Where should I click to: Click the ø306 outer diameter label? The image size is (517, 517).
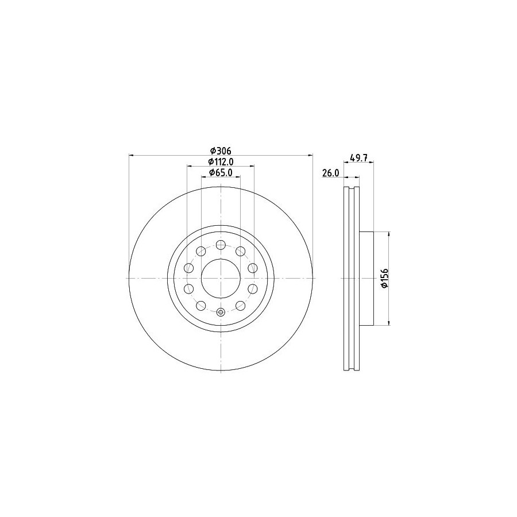tap(221, 151)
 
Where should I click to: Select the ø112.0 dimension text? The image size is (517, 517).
tap(221, 161)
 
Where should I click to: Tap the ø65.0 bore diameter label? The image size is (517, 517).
tap(221, 172)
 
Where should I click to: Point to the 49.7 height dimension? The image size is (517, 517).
tap(358, 157)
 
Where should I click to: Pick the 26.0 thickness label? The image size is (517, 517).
tap(331, 173)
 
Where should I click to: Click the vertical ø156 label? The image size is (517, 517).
tap(385, 278)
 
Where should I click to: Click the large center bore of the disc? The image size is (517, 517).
tap(221, 278)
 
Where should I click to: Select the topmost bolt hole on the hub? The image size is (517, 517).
tap(221, 245)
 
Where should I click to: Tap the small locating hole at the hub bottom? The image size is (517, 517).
tap(221, 311)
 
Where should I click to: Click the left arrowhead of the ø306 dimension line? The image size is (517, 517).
tap(131, 155)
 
